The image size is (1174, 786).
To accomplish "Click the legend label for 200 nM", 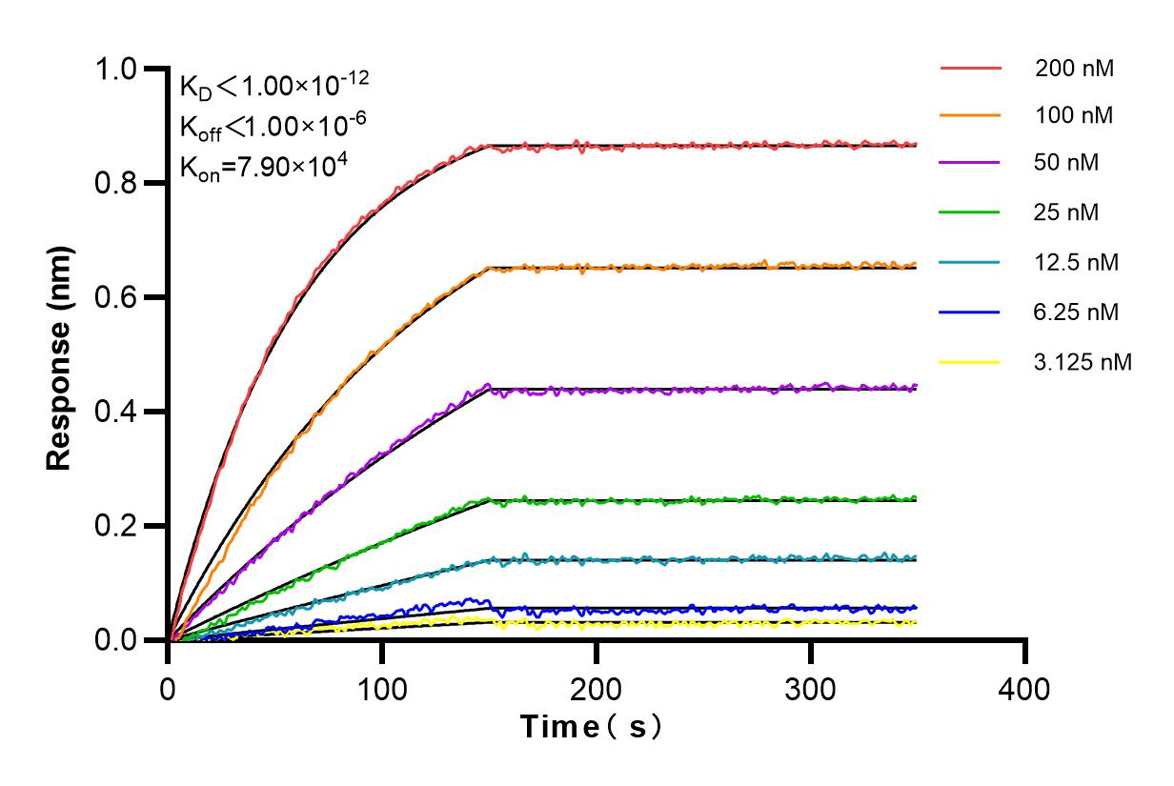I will [x=1075, y=69].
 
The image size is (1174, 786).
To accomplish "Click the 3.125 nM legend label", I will [x=1083, y=362].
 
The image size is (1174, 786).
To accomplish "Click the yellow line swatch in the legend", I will [x=970, y=362].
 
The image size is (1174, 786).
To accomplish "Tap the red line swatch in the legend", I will [x=970, y=69].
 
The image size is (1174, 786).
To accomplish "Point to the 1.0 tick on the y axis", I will [x=116, y=70].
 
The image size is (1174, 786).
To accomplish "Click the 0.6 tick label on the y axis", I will [x=116, y=297].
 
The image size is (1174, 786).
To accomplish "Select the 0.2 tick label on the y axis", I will [x=116, y=526].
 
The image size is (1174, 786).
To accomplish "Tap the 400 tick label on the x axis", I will [x=1024, y=688].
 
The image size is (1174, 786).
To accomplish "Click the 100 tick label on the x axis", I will [x=382, y=688].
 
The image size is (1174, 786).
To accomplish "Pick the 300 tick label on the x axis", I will [x=811, y=688].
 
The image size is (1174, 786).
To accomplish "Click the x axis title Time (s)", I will [x=592, y=728].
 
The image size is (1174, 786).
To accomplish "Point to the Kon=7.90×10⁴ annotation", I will [x=264, y=166].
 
